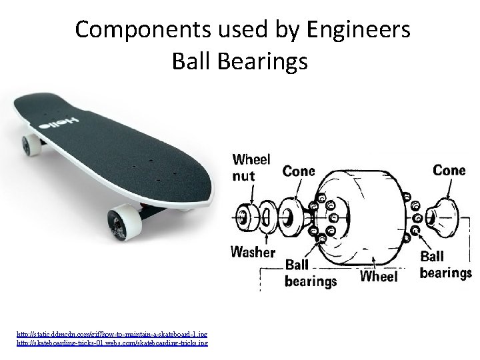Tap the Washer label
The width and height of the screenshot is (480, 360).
252,252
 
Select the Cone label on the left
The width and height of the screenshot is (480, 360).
299,171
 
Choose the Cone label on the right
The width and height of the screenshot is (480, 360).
449,170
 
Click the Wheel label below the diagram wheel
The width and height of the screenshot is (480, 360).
378,275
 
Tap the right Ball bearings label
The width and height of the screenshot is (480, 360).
445,265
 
